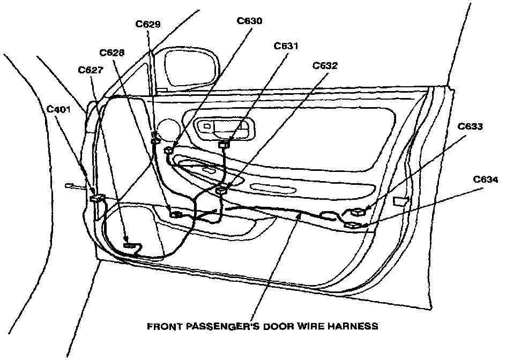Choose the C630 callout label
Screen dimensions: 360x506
click(x=249, y=21)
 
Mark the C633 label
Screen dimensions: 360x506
click(x=470, y=127)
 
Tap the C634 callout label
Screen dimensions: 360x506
click(x=485, y=179)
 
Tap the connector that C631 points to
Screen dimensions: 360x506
click(x=224, y=144)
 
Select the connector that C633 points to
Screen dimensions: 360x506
click(x=356, y=212)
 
